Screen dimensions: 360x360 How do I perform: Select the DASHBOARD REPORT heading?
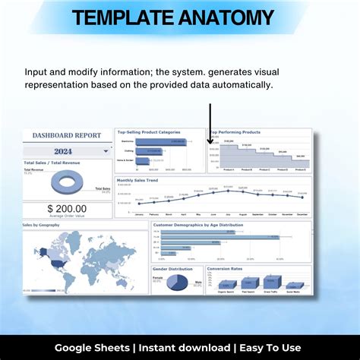click(x=67, y=135)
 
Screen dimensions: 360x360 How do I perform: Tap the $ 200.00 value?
click(x=67, y=208)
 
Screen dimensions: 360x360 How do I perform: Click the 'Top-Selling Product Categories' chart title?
click(x=150, y=132)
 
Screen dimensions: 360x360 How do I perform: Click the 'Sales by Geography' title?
click(x=43, y=226)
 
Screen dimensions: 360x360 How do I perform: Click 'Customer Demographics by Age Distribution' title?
click(x=198, y=225)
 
